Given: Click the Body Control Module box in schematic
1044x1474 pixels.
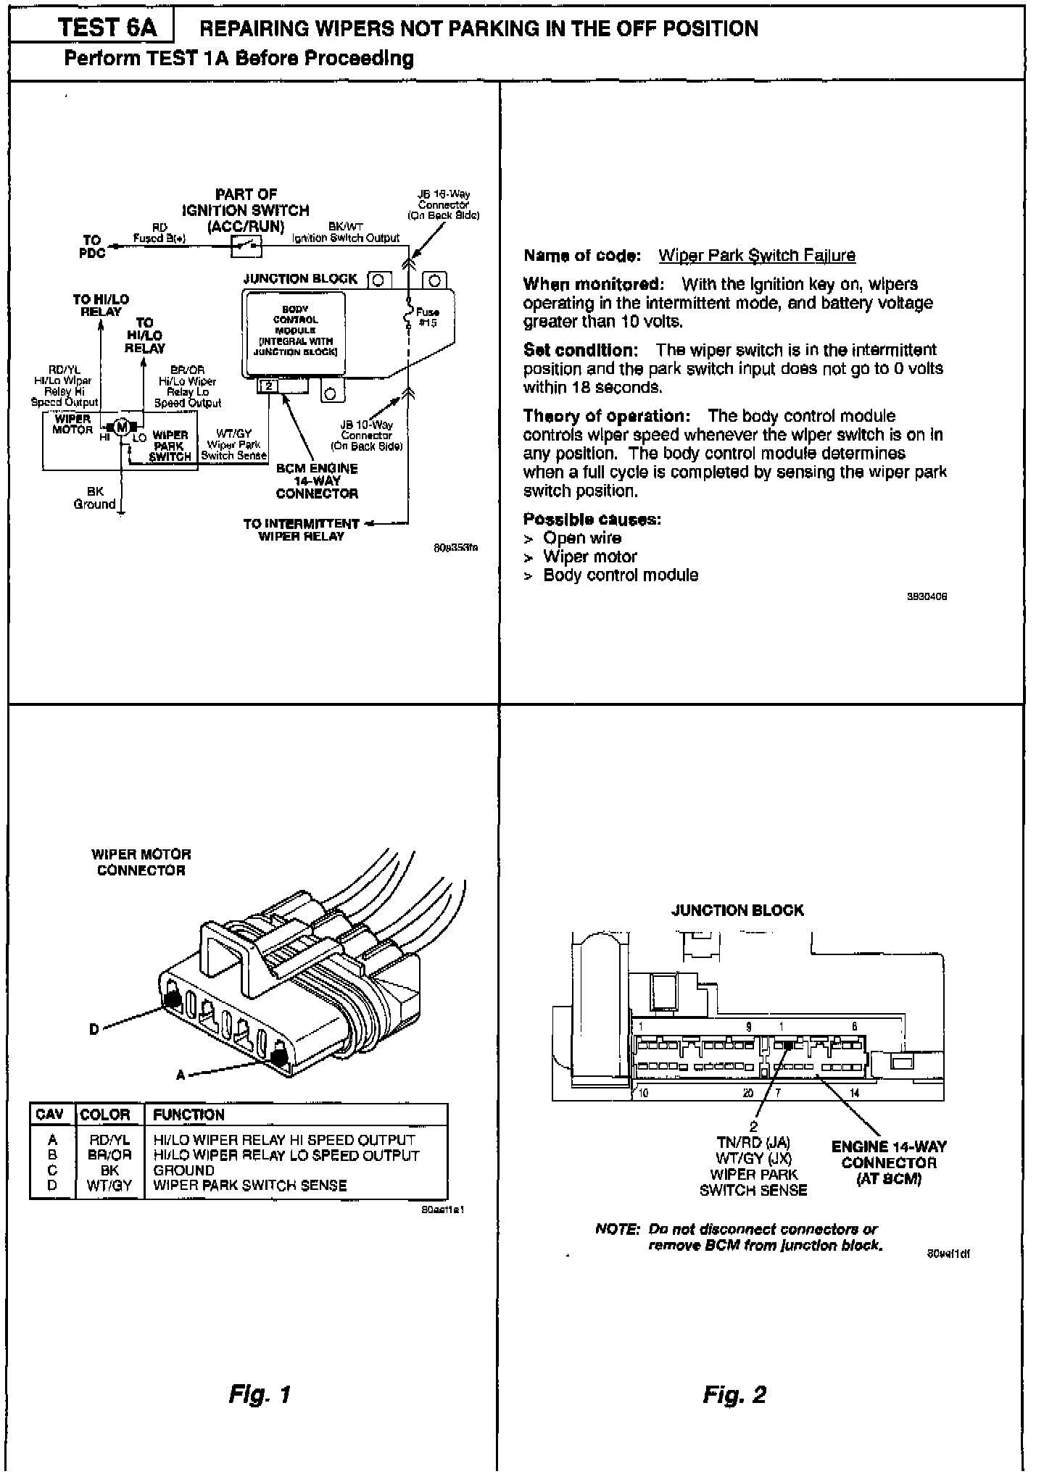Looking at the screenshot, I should coord(295,330).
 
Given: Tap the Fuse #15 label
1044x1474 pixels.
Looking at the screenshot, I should coord(428,317).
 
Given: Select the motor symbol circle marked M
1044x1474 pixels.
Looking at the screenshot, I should coord(123,427).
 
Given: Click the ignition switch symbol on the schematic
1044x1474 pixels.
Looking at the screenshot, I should coord(246,247).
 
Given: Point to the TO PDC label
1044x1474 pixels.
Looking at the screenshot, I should coord(92,246).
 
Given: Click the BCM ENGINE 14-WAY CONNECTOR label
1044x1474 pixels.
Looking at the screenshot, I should coord(317,481).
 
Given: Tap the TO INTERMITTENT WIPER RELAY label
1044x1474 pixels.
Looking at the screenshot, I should coord(302,530).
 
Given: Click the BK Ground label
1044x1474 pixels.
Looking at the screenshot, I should coord(95,498).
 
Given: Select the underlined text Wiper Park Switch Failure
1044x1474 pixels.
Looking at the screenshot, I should coord(756,256).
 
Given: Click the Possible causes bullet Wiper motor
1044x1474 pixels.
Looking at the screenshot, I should coord(589,557).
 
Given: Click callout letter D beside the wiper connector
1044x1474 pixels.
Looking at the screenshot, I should coord(94,1029).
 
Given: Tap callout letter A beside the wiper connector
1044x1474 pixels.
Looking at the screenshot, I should coord(181,1075).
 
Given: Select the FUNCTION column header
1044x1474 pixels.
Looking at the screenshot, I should coord(188,1115).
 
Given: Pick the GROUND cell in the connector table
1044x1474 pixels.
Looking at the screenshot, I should coord(184,1170).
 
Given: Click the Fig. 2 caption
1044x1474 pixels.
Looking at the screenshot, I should coord(734,1394).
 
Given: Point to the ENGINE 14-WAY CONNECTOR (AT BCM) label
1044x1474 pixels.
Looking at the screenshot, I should coord(888,1163).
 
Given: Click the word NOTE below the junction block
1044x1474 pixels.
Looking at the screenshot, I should coord(617,1229).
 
